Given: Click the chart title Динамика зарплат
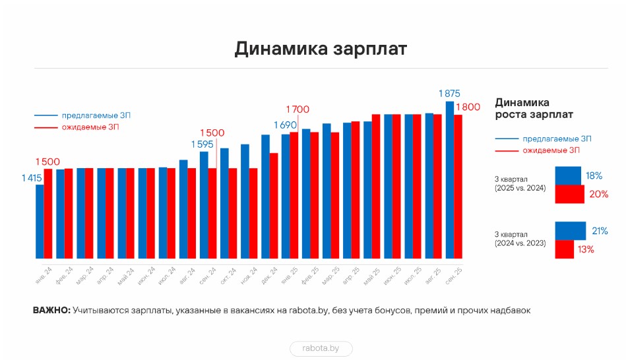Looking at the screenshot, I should [x=321, y=50].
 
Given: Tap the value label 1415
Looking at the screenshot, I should [x=32, y=177].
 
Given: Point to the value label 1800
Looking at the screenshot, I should [x=468, y=107].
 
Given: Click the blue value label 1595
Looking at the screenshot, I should [x=202, y=144].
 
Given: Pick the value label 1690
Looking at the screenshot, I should [x=285, y=125].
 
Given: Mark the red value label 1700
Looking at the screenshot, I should [x=297, y=109].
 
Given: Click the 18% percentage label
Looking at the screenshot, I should [x=594, y=176].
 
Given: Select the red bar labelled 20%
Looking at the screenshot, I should [x=569, y=194].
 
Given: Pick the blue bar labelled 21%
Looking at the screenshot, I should [x=570, y=231].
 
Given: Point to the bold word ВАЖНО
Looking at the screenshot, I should [x=51, y=310].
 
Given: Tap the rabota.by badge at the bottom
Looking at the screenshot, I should [x=321, y=348].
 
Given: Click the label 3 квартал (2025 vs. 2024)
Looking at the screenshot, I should [x=520, y=183].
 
